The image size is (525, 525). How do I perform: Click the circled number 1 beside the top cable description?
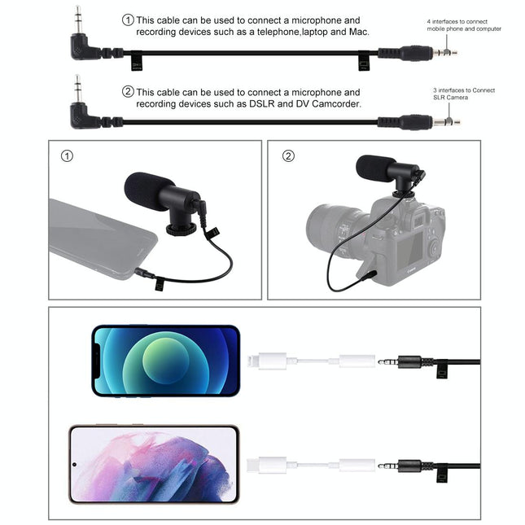click(x=128, y=20)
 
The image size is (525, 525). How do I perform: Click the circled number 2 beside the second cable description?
click(x=128, y=92)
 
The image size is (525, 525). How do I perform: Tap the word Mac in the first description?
click(x=359, y=32)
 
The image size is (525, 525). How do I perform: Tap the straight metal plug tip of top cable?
click(x=445, y=54)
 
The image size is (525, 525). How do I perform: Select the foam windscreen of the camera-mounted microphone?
click(x=375, y=168)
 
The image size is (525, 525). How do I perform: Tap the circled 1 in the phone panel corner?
click(x=67, y=155)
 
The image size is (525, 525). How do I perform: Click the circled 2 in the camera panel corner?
click(x=288, y=155)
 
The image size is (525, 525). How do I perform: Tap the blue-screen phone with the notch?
click(x=166, y=361)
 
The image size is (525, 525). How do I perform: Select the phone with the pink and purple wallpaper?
click(x=154, y=464)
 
